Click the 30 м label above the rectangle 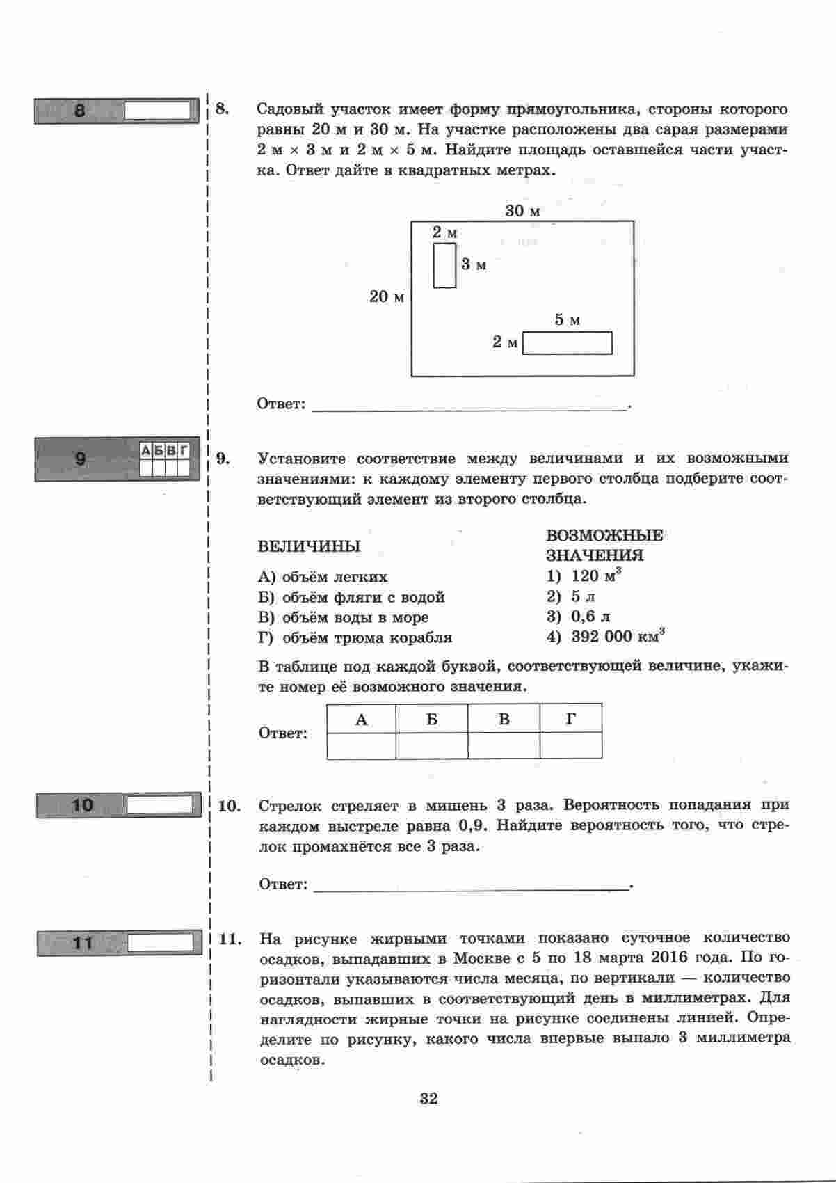[x=522, y=210]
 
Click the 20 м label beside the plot [x=387, y=297]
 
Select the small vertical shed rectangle [x=444, y=265]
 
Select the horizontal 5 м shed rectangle [x=567, y=343]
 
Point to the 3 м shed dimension [x=474, y=264]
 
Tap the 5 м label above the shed [x=567, y=320]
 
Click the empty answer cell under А [x=361, y=746]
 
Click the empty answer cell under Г [x=570, y=746]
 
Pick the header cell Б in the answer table [x=432, y=719]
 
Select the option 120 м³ [x=595, y=575]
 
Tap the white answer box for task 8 [x=157, y=111]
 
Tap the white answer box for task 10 [x=159, y=805]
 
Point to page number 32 [x=428, y=1099]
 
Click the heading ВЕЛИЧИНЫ [x=309, y=546]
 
